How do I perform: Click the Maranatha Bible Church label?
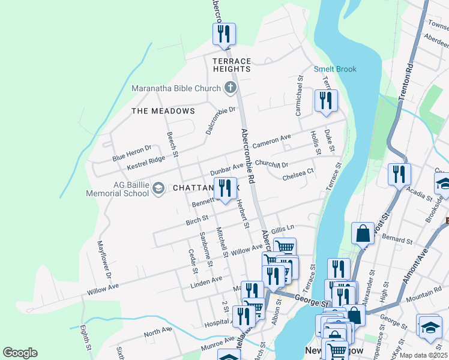[176, 89]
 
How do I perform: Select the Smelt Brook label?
[335, 69]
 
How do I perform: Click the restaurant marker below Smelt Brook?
[326, 101]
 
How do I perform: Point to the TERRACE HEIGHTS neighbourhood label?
[232, 65]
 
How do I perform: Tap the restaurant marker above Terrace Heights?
[224, 34]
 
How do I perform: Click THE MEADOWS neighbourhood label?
[163, 111]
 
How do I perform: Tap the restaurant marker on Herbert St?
[225, 190]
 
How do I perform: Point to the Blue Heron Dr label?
[132, 153]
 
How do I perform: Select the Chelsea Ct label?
[298, 176]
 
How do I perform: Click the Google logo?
[20, 353]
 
